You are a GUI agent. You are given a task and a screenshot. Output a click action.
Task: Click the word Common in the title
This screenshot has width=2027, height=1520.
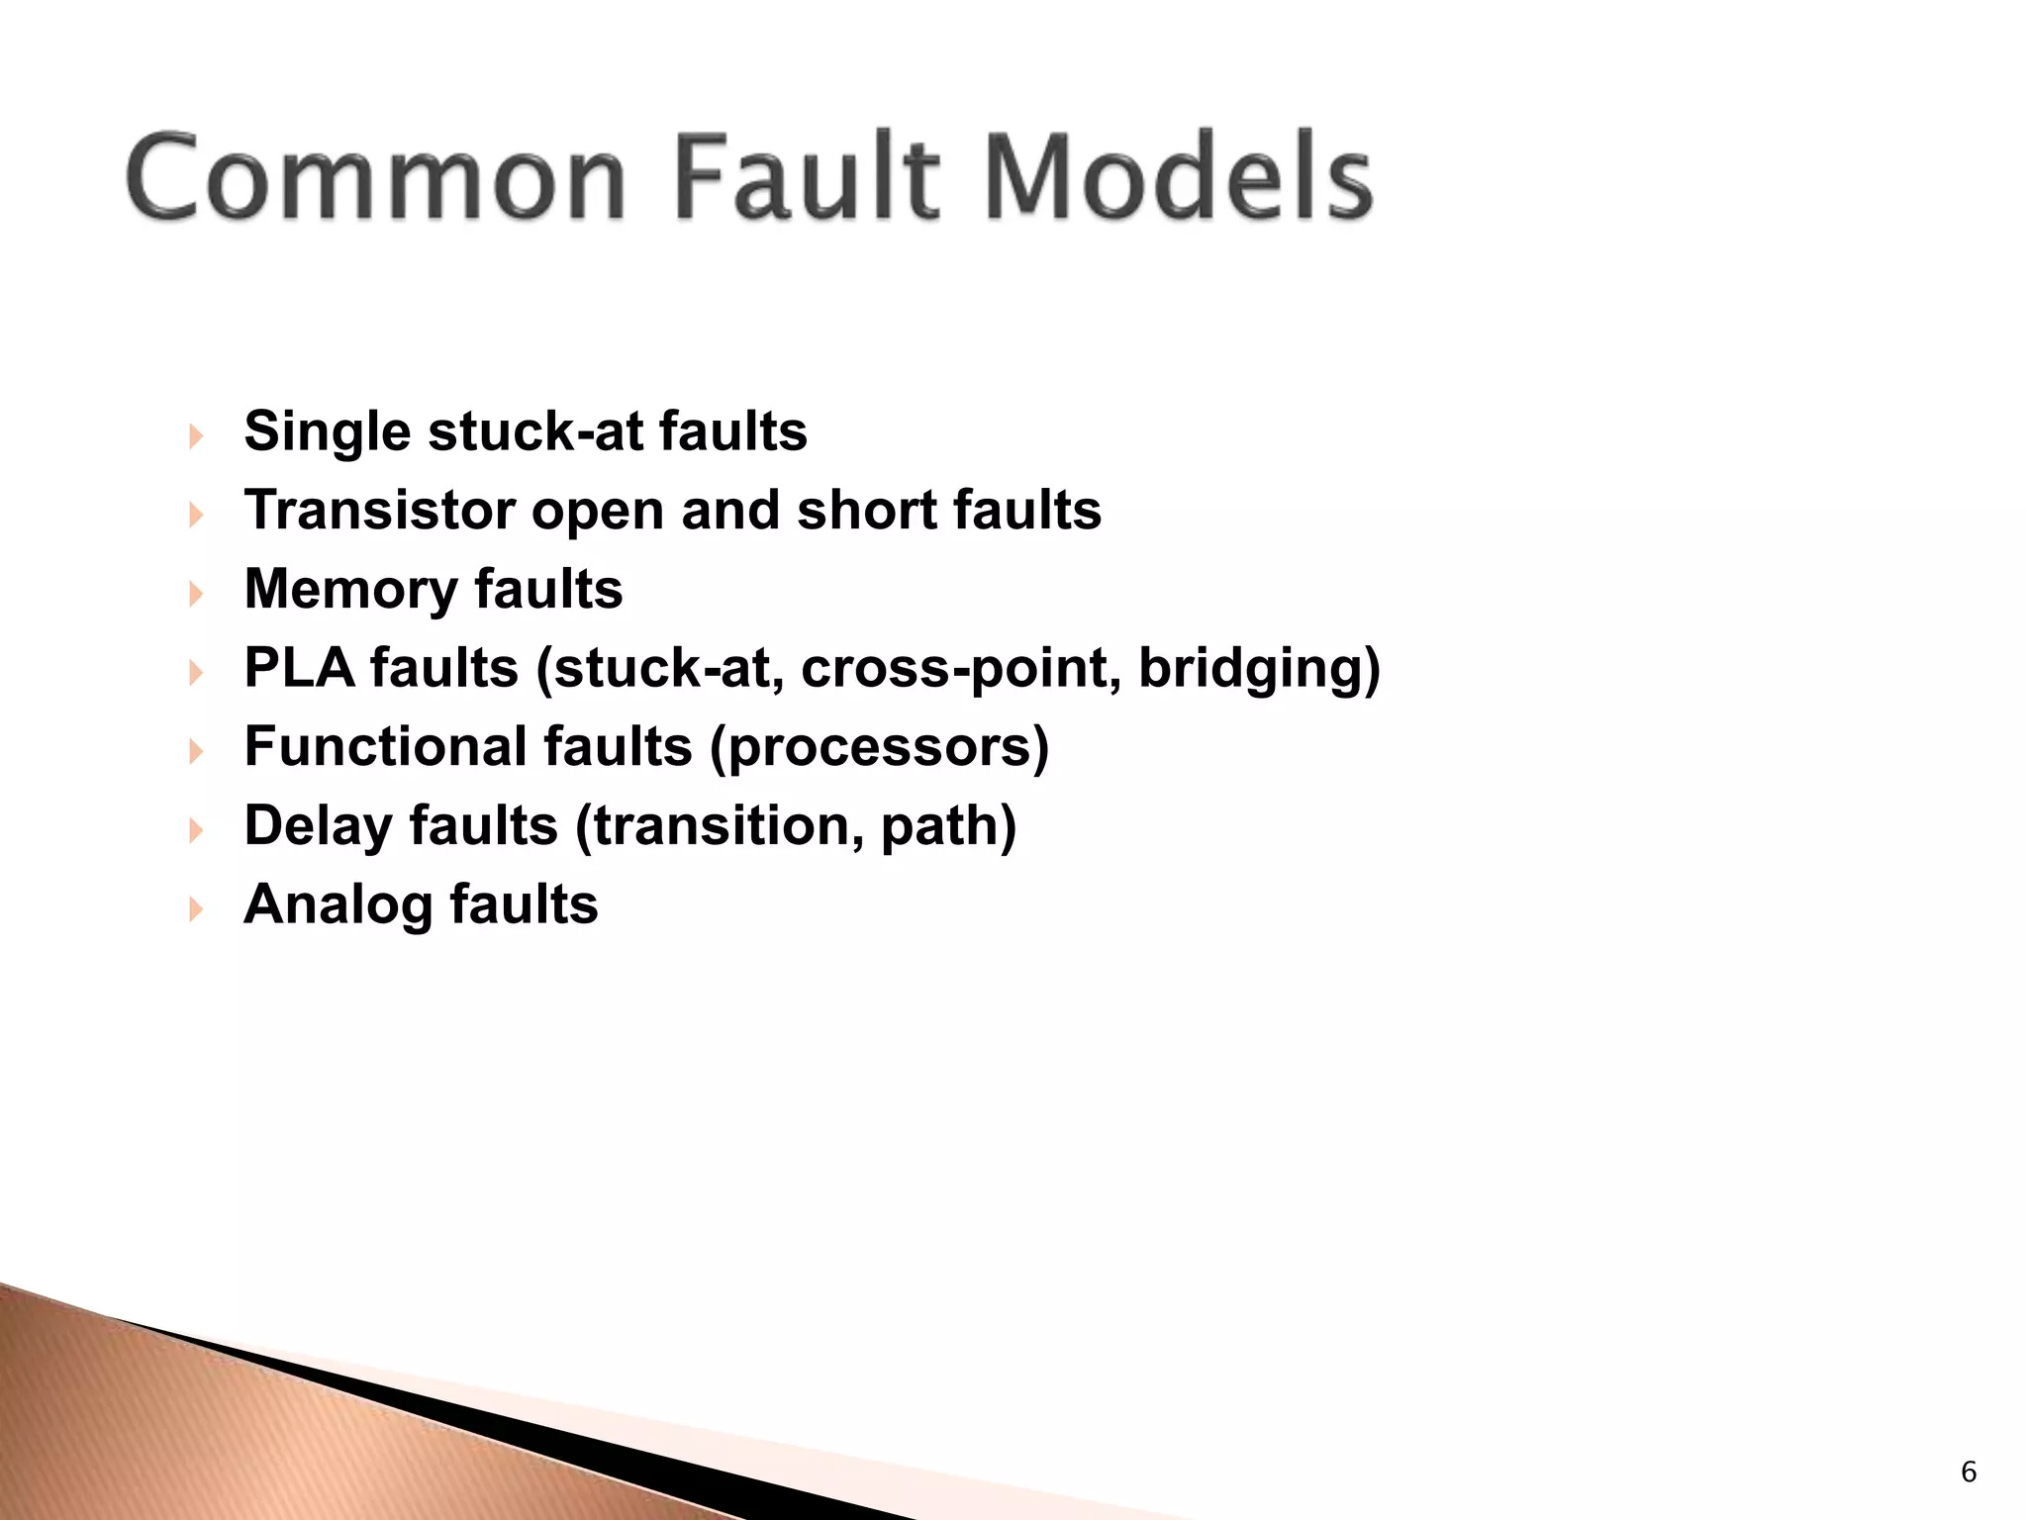376,177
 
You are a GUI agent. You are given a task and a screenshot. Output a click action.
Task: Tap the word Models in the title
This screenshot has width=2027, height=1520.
1179,177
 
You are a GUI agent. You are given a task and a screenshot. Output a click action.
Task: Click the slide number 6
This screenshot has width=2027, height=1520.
1969,1472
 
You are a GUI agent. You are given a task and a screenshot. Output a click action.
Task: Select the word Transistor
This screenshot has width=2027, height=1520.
379,511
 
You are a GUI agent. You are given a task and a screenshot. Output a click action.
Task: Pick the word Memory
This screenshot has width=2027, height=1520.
350,590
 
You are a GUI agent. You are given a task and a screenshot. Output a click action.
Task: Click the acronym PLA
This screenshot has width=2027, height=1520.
299,668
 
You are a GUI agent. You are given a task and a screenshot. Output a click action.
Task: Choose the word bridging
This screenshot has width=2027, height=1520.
1253,670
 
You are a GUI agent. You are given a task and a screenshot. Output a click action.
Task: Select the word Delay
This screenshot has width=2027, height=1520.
318,826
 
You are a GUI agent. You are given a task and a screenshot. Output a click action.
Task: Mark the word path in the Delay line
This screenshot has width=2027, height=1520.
941,828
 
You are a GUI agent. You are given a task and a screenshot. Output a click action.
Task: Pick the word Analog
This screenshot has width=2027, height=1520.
338,905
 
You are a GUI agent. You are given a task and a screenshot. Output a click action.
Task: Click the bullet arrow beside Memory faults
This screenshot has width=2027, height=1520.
196,593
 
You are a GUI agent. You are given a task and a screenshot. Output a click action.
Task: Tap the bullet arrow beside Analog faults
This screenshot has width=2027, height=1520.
196,908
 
